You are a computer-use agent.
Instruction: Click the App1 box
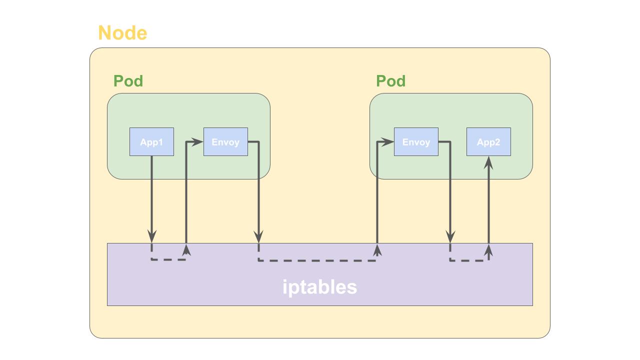151,142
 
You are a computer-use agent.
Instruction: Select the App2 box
488,142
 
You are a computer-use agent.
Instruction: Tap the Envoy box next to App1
225,142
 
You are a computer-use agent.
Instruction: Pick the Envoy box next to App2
416,142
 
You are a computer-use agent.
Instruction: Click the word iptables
319,287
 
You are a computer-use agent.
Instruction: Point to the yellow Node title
122,33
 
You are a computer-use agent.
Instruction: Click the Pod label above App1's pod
128,81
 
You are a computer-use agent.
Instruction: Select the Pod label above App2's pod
390,81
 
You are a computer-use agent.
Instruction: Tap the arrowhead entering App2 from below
488,162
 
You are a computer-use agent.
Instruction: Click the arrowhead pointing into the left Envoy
198,142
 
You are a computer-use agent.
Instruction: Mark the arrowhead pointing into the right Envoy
388,142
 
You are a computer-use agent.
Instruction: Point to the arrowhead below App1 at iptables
152,236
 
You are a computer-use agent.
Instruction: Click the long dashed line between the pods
317,260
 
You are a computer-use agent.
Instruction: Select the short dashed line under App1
168,259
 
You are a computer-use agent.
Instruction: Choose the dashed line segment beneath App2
469,260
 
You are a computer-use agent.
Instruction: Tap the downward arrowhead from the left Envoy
258,236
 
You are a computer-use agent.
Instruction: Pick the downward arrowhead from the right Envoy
450,236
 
